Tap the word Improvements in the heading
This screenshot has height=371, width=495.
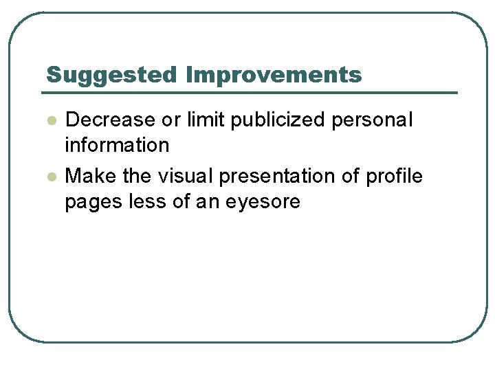click(274, 75)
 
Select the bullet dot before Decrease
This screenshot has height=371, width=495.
click(51, 120)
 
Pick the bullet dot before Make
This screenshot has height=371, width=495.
click(51, 177)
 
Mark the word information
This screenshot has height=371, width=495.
click(117, 146)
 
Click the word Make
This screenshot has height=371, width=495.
click(91, 177)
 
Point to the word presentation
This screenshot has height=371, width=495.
click(279, 177)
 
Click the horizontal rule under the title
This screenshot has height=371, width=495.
click(251, 92)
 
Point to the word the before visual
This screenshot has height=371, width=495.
click(137, 177)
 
